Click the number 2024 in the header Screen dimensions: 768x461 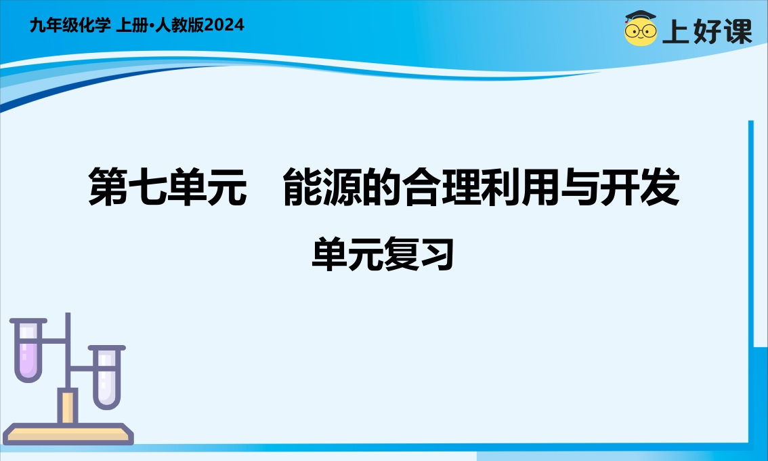click(224, 24)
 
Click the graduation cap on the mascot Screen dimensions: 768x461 click(640, 16)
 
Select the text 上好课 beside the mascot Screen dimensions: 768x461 click(707, 31)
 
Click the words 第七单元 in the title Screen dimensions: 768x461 click(167, 186)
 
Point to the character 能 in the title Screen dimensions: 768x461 click(303, 186)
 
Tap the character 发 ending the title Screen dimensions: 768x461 click(660, 186)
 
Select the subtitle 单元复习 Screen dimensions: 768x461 click(383, 254)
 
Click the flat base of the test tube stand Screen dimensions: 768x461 click(68, 434)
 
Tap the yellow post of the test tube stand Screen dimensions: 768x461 click(68, 406)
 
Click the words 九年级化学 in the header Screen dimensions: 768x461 click(70, 24)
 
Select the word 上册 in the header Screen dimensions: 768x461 click(132, 24)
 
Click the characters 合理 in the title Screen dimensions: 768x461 click(442, 186)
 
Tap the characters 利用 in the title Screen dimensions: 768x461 click(521, 186)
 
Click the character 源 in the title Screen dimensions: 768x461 click(343, 186)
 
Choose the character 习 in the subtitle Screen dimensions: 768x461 click(437, 254)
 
